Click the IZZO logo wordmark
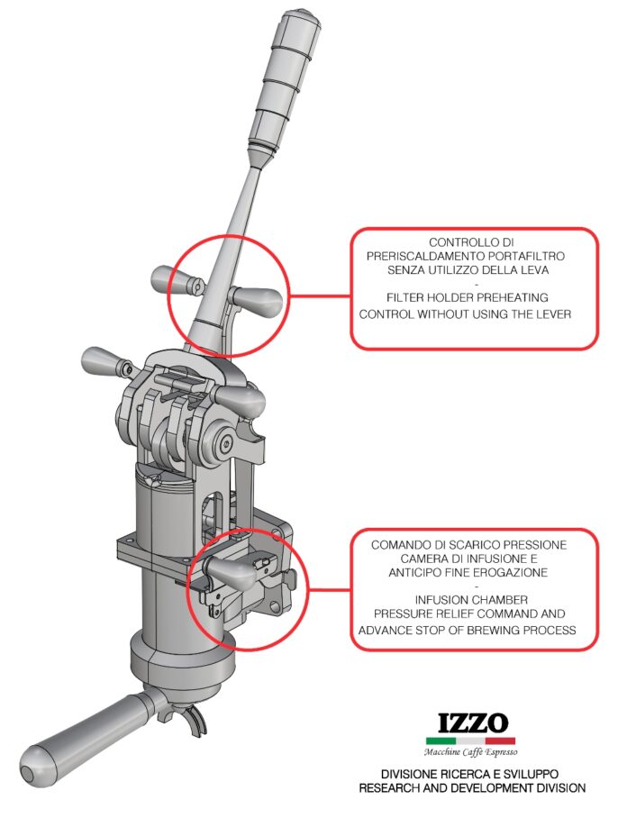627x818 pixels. pos(473,723)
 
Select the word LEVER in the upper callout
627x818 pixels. pos(553,314)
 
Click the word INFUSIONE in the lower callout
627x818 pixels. pos(495,559)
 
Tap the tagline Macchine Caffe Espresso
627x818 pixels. pos(470,751)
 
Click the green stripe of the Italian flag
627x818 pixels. pos(441,741)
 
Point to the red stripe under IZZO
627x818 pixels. pos(500,741)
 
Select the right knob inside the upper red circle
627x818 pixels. pos(258,301)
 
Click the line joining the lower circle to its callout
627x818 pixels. pos(330,590)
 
